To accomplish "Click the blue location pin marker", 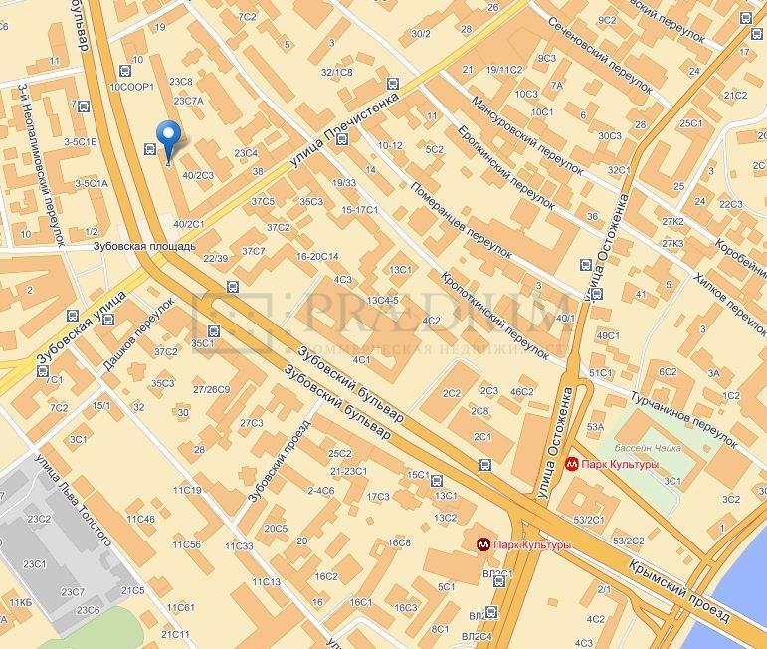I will [x=169, y=139].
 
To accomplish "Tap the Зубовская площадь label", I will [x=144, y=246].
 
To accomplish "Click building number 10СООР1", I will [x=130, y=88].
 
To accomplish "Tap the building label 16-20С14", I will [x=317, y=256].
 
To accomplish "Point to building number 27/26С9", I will [x=211, y=389].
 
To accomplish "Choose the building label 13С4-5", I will [x=382, y=300].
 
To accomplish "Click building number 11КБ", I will [x=20, y=603].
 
